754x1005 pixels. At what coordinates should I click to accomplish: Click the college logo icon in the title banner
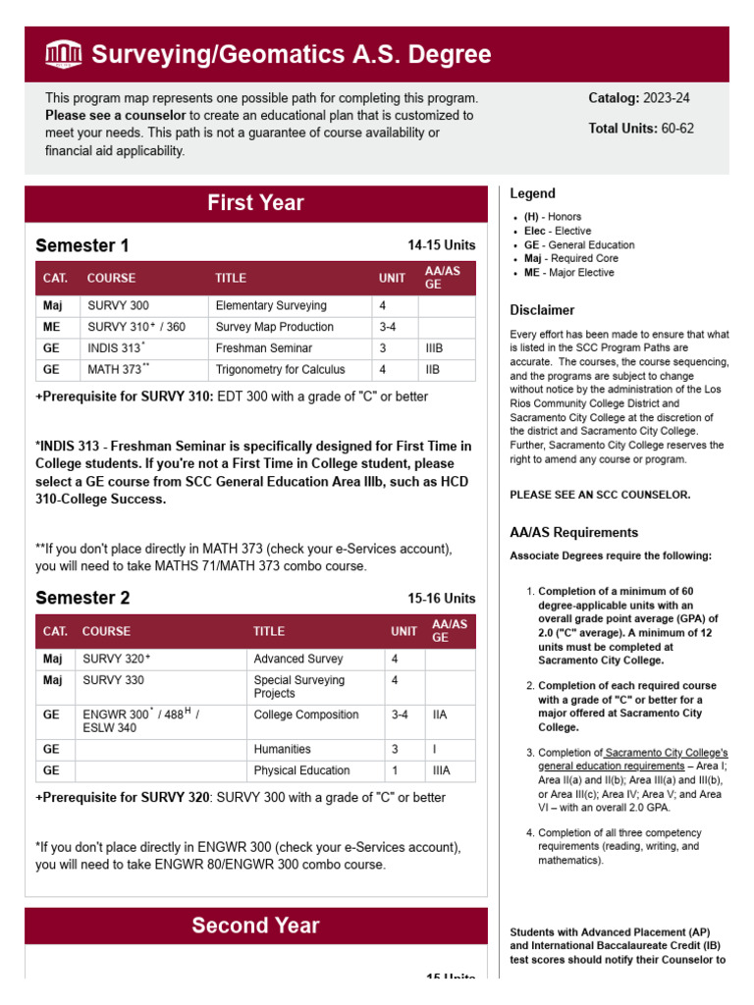click(x=64, y=55)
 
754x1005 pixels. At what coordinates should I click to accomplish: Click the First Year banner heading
click(x=255, y=203)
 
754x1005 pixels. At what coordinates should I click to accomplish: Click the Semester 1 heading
click(x=81, y=245)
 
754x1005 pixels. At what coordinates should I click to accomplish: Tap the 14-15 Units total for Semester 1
click(x=441, y=245)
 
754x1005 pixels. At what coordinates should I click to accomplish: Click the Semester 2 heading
click(x=81, y=598)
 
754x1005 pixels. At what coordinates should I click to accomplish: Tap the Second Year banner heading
click(x=255, y=926)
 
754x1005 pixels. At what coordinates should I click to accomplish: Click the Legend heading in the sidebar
click(x=532, y=193)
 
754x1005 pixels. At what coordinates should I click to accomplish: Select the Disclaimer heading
click(x=542, y=310)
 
